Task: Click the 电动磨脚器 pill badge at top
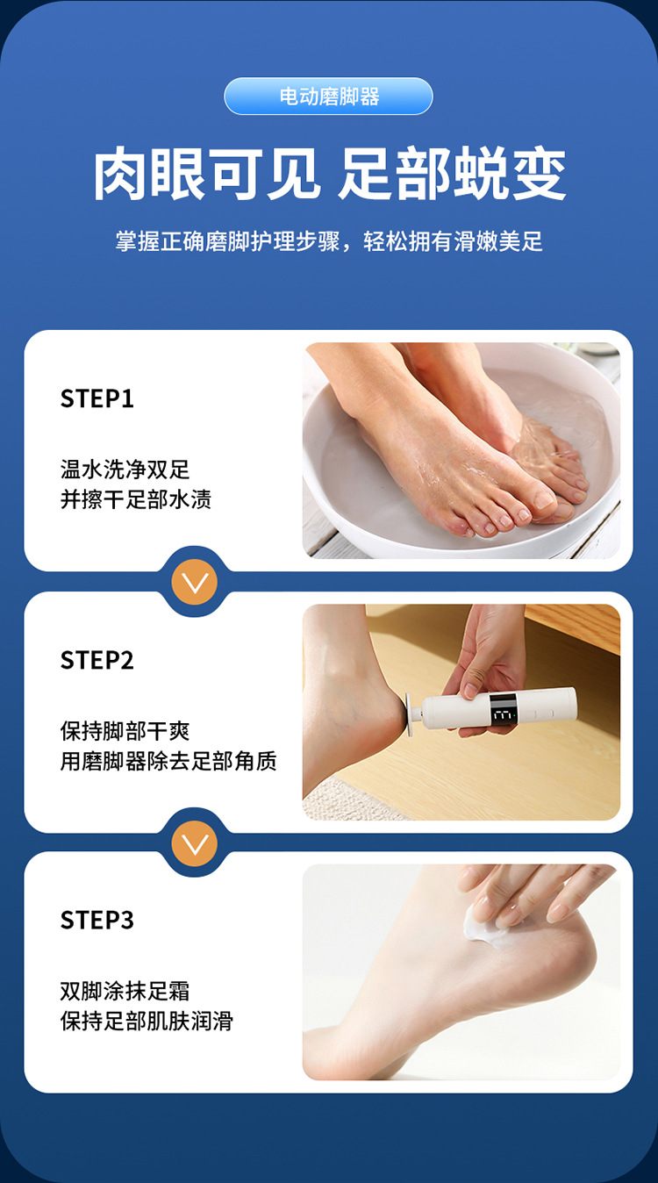(329, 97)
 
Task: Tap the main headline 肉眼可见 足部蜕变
(329, 175)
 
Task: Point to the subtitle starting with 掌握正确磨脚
(329, 241)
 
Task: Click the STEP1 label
(97, 398)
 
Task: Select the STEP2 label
(97, 660)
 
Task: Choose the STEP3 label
(97, 920)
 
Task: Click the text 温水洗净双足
(125, 470)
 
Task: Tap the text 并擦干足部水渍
(135, 500)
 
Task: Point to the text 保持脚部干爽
(125, 731)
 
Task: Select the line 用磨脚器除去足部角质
(168, 761)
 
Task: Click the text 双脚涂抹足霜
(125, 991)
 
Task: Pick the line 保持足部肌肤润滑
(147, 1022)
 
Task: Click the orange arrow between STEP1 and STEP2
(194, 582)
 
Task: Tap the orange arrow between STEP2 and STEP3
(194, 843)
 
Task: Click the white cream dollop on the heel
(481, 921)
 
